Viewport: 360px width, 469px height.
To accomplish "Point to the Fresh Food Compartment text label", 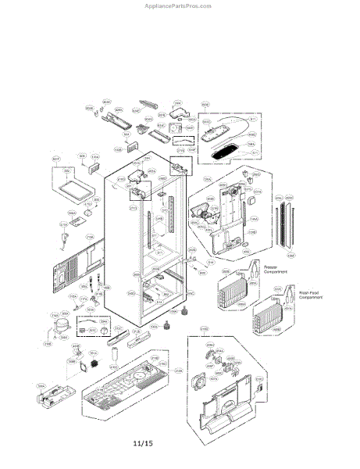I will coord(311,294).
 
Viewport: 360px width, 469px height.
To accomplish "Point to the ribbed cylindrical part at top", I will coord(151,103).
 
